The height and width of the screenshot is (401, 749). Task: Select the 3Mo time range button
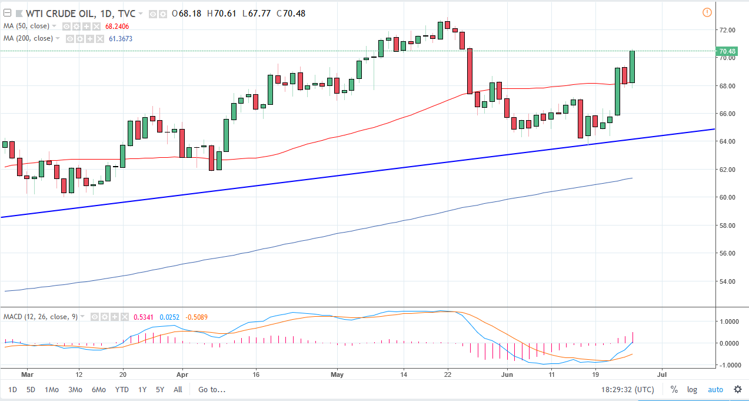(75, 389)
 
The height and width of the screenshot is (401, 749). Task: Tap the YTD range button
(122, 389)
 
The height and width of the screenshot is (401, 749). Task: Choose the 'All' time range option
(178, 389)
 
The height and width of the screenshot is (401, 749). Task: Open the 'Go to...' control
(212, 389)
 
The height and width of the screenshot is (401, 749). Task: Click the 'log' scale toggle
(692, 389)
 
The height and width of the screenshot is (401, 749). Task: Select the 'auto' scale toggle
(715, 389)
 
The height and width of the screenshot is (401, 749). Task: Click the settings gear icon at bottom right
(737, 389)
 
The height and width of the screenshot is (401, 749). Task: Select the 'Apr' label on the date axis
(182, 373)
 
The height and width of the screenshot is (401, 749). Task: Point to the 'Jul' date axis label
(663, 373)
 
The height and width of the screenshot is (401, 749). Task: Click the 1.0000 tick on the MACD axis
(728, 322)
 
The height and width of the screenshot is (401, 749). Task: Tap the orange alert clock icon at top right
(707, 12)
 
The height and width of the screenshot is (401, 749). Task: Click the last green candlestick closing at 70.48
(632, 67)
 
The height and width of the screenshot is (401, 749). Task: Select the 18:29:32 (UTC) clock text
(627, 389)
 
